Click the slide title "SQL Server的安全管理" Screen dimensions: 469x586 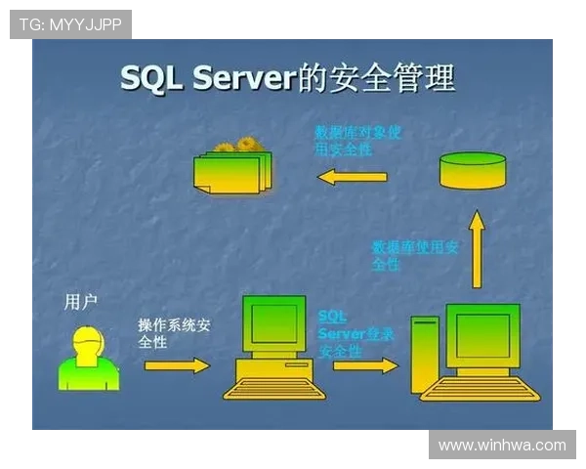point(287,77)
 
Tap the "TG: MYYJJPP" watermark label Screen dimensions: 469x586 point(70,24)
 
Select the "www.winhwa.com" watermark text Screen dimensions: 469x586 point(501,445)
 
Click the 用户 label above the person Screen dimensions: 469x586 point(80,302)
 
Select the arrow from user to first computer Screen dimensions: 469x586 point(177,364)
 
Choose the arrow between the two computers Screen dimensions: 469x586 point(365,365)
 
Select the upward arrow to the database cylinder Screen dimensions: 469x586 point(476,251)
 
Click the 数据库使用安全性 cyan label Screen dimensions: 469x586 point(415,255)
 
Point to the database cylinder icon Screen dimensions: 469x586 point(473,170)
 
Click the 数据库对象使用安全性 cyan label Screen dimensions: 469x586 point(356,140)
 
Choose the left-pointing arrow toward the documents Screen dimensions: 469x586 point(353,177)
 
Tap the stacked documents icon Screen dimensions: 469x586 point(232,168)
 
